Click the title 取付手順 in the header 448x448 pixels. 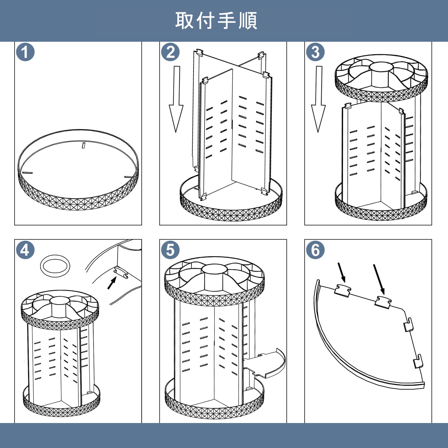coord(216,21)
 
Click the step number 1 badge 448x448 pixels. coord(25,52)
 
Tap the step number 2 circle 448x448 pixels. coord(170,52)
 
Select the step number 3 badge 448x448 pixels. coord(315,52)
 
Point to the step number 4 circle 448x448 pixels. coord(25,250)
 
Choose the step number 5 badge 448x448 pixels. coord(170,250)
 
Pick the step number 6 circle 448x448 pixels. coord(315,250)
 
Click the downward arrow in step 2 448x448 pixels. coord(176,99)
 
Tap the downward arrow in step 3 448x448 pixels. coord(318,99)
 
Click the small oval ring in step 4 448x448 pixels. coord(55,266)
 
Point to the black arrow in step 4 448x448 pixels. coord(112,283)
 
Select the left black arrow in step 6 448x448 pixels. coord(342,272)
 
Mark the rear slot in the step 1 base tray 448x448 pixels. coord(84,145)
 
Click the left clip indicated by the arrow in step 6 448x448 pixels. coord(342,291)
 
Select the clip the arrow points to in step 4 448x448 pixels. coord(121,273)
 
